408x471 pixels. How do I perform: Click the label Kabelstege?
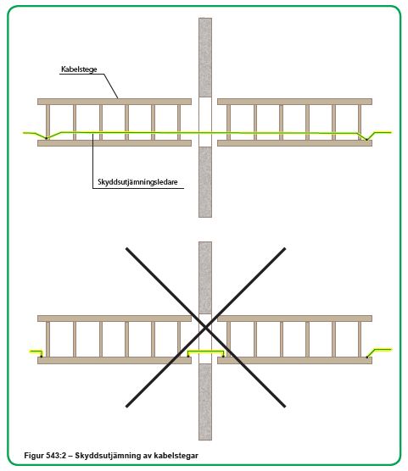tap(79, 69)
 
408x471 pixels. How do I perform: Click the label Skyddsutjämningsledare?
tap(137, 182)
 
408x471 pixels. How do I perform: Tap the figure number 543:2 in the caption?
tap(56, 456)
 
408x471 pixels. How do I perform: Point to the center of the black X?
tap(205, 328)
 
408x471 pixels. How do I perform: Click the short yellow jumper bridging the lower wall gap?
tap(206, 352)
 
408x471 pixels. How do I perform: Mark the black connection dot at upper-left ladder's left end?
tap(46, 138)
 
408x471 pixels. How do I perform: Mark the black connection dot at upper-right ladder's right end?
tap(366, 140)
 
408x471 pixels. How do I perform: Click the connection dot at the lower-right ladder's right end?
tap(366, 357)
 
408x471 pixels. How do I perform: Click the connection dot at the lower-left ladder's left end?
tap(42, 357)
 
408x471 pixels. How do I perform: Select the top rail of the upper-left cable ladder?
tap(115, 102)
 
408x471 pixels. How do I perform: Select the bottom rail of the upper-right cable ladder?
tap(294, 143)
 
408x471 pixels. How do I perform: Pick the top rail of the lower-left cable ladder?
tap(115, 319)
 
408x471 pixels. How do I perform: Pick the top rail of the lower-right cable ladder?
tap(294, 319)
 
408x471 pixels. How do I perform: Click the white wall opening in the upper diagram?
tap(205, 122)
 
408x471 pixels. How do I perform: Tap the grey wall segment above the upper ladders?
tap(205, 58)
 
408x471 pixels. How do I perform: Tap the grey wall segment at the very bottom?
tap(205, 402)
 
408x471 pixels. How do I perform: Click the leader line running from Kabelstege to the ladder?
tap(111, 86)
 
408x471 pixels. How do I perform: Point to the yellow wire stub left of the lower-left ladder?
tap(36, 352)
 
